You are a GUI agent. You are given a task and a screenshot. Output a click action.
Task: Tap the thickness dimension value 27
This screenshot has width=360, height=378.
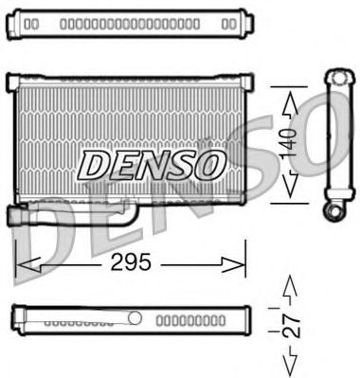[x=293, y=321]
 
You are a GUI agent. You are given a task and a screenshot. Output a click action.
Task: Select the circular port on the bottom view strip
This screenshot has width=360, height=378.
[x=135, y=318]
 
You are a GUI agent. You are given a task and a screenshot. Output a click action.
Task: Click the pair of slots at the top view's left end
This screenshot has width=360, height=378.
[x=31, y=22]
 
